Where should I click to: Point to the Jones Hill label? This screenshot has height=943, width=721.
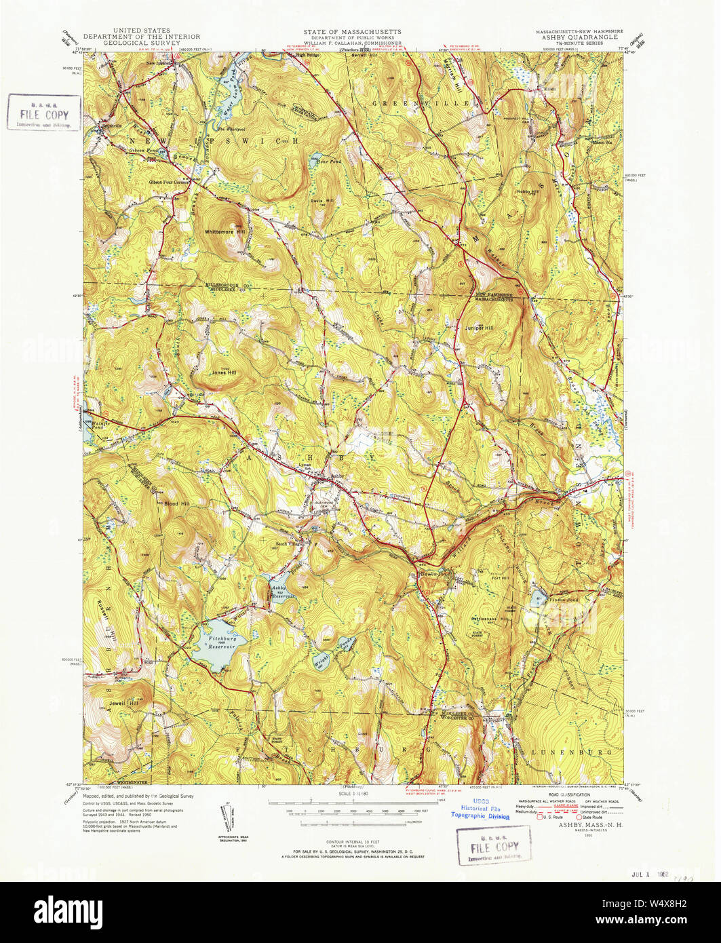(x=223, y=372)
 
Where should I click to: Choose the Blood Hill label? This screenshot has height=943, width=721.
(x=176, y=503)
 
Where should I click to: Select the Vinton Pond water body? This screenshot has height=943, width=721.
(x=538, y=598)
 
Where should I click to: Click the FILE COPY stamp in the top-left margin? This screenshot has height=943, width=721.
(x=44, y=111)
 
